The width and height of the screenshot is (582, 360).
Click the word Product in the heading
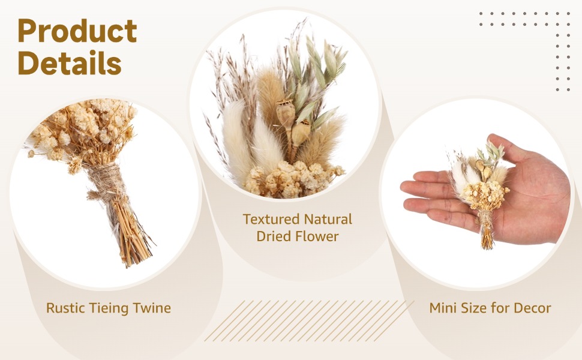[77, 31]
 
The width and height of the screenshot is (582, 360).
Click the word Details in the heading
[70, 63]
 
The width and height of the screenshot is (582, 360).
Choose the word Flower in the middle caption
[318, 236]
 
